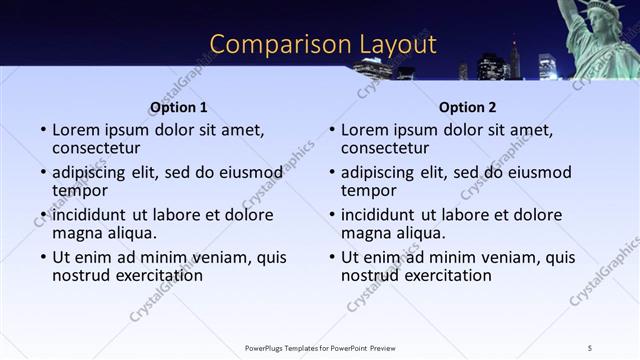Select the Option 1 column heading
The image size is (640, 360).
(179, 107)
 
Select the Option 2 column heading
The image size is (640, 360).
(467, 107)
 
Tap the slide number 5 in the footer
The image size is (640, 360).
(590, 347)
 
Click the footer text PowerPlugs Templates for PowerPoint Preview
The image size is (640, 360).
(320, 347)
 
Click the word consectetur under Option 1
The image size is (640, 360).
(98, 148)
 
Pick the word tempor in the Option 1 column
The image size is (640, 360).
(79, 190)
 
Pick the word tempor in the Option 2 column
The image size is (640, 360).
(368, 190)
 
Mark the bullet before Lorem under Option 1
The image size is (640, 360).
(43, 131)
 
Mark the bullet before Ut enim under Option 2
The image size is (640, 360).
(332, 257)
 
